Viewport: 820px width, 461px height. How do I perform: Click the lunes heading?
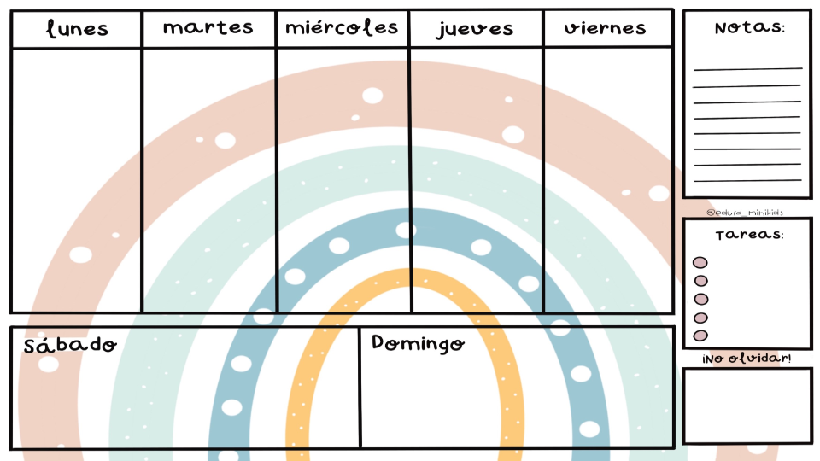(77, 29)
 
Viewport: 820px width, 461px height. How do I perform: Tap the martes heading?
(208, 28)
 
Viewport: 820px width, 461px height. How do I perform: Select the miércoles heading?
(342, 28)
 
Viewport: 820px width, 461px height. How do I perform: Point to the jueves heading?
(475, 29)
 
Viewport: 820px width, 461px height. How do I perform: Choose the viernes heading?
(606, 28)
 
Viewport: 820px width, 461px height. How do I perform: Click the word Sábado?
(70, 346)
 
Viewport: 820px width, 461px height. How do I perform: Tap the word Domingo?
(419, 343)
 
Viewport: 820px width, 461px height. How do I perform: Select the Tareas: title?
(749, 235)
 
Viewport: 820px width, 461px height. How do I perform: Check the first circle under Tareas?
(700, 263)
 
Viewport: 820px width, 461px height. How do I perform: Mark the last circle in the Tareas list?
(700, 336)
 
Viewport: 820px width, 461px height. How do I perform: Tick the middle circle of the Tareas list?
(700, 299)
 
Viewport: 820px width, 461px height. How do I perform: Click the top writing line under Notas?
(747, 68)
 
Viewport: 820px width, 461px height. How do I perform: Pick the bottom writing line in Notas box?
(747, 180)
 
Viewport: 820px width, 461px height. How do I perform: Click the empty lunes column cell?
(76, 179)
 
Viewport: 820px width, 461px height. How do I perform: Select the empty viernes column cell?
(608, 179)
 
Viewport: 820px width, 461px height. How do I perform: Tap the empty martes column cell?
(208, 179)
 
